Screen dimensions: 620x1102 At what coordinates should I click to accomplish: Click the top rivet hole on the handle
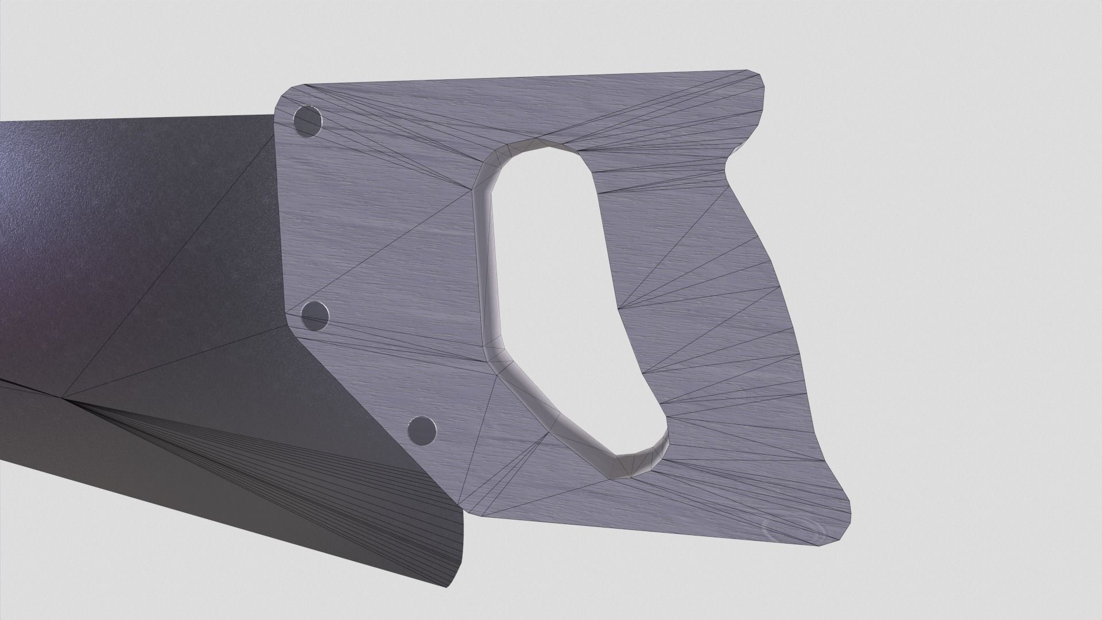point(307,122)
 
